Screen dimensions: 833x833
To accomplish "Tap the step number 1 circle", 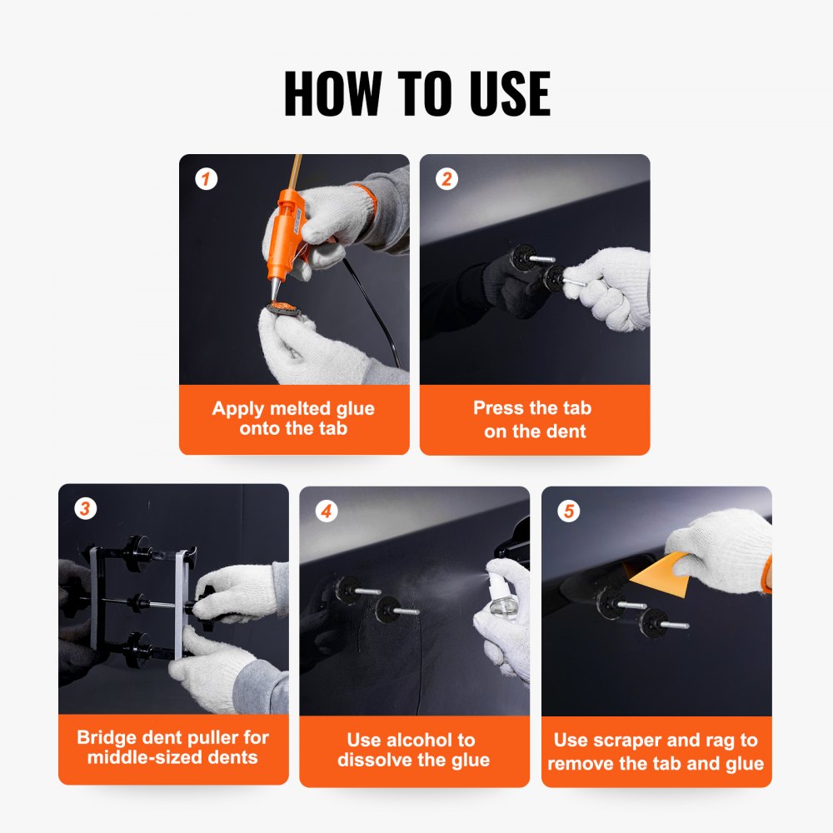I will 206,178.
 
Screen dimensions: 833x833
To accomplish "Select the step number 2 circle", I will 447,178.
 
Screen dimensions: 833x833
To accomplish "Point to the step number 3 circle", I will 85,508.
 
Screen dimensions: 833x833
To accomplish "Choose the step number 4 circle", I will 326,511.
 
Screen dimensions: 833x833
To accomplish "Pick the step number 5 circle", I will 568,511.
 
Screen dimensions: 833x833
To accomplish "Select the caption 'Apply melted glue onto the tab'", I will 293,419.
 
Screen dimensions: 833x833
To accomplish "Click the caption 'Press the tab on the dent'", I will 534,419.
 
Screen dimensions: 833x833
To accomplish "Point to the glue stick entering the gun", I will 293,172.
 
